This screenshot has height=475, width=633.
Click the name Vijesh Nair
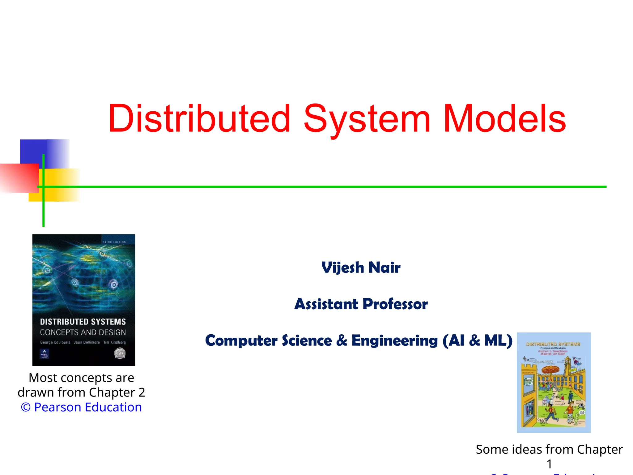coord(361,267)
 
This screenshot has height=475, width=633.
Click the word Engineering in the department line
coord(394,340)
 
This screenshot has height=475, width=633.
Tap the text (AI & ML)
coord(477,340)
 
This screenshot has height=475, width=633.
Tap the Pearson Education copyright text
coord(81,407)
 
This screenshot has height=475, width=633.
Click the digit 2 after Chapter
coord(142,392)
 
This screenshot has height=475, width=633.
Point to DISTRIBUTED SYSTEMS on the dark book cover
coord(83,322)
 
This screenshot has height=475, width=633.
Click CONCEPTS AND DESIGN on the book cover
coord(83,332)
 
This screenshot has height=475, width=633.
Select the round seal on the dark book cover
coord(120,353)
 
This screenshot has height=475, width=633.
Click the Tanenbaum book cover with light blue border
coord(554,383)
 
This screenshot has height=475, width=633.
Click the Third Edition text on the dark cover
coord(114,242)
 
